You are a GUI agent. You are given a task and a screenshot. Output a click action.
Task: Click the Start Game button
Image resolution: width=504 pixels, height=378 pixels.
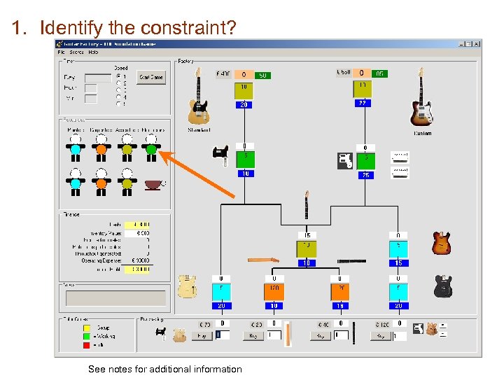point(151,77)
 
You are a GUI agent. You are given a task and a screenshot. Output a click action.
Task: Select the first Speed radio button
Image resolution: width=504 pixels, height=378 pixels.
point(118,76)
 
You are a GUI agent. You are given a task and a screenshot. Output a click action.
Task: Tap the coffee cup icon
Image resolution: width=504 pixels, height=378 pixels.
point(153,185)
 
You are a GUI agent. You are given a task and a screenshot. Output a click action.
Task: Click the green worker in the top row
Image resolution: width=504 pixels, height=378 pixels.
point(150,148)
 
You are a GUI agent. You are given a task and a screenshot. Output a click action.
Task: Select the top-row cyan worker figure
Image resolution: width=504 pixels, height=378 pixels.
point(76,148)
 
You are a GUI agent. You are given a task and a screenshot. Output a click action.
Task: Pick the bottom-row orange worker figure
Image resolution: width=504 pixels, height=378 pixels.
point(101,183)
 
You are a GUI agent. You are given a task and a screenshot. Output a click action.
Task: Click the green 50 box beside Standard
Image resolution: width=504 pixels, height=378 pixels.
point(262,75)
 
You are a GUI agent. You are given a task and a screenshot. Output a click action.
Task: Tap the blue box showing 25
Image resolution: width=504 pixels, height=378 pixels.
point(366,174)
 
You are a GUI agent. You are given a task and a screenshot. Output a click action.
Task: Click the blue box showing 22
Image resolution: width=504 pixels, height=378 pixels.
point(362,103)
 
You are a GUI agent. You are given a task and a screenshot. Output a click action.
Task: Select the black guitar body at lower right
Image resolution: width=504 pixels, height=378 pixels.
point(442,286)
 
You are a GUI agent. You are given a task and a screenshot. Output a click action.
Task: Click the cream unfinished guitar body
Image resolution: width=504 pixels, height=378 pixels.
point(188,286)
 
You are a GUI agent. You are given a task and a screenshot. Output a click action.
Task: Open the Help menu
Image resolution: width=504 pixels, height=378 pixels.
point(93,52)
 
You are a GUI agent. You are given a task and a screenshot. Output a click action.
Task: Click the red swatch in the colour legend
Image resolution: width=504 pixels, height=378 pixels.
point(87,344)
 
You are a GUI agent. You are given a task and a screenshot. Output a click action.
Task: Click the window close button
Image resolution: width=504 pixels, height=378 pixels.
point(477,43)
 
